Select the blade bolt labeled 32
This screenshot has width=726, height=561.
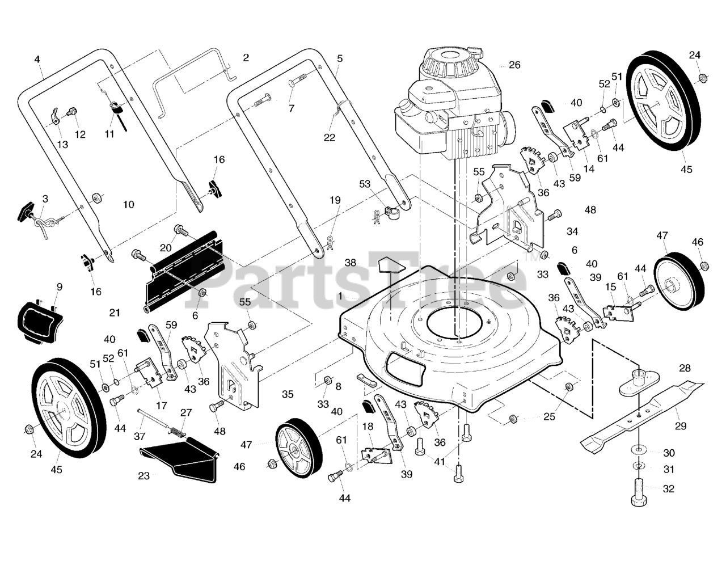pyautogui.click(x=638, y=491)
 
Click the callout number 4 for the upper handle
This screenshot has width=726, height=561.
pyautogui.click(x=37, y=59)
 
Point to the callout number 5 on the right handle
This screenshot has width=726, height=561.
pyautogui.click(x=339, y=58)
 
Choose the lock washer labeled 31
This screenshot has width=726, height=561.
pyautogui.click(x=639, y=467)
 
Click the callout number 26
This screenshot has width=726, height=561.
pyautogui.click(x=514, y=65)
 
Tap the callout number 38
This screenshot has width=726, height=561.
pyautogui.click(x=351, y=263)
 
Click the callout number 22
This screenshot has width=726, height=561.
pyautogui.click(x=330, y=137)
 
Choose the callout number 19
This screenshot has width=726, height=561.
pyautogui.click(x=335, y=200)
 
